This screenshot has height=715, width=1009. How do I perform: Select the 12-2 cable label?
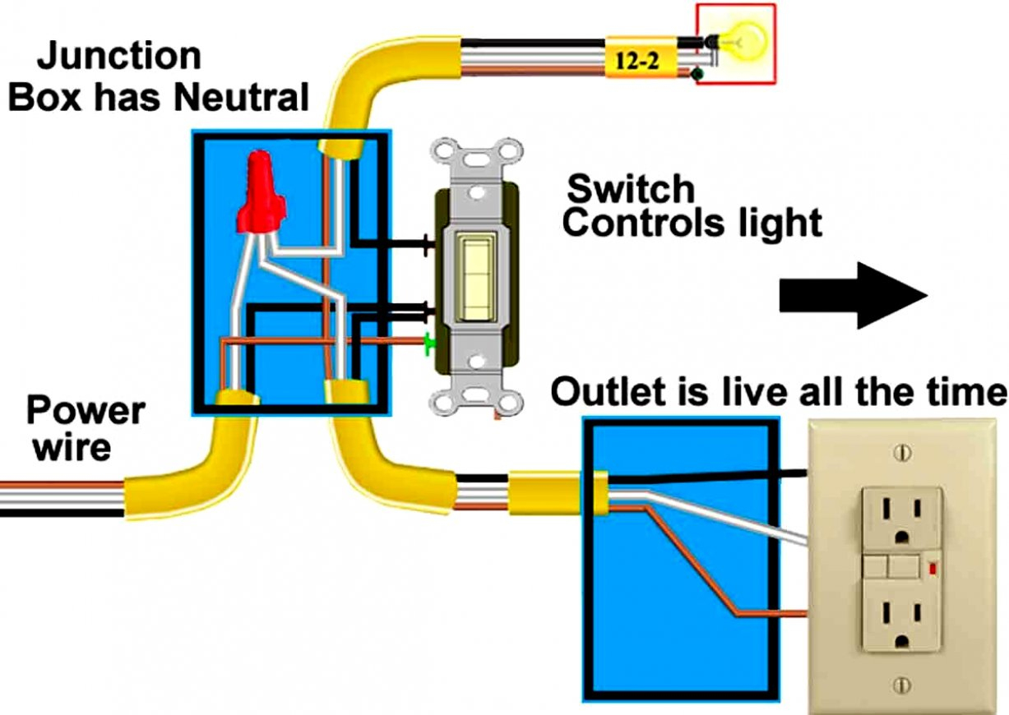coord(640,59)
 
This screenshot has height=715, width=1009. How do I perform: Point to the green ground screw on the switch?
coord(429,344)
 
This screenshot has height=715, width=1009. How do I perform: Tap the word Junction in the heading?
coord(119,56)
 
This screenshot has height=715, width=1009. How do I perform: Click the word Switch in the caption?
coord(631,189)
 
